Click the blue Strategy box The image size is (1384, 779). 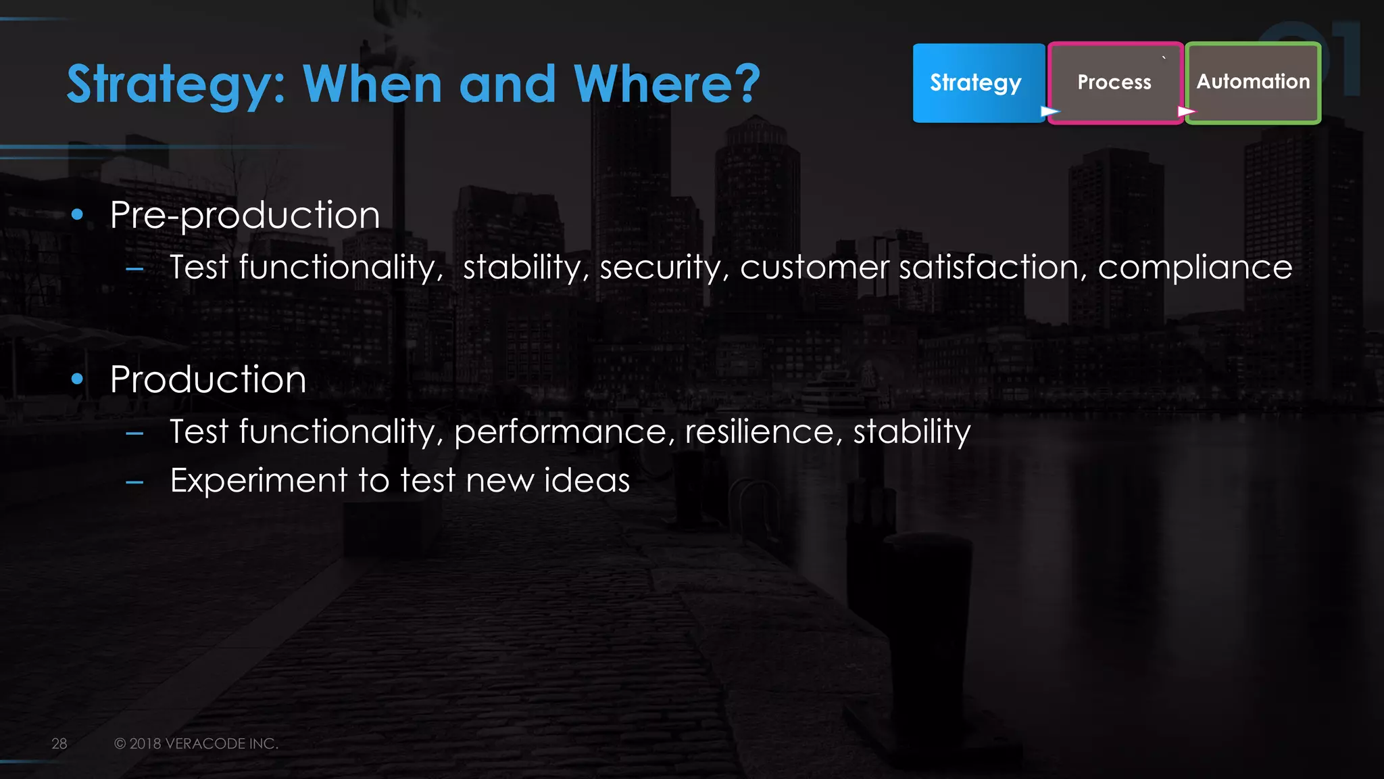pyautogui.click(x=977, y=82)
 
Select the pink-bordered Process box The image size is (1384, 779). pyautogui.click(x=1114, y=82)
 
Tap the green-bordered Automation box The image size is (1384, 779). pyautogui.click(x=1253, y=82)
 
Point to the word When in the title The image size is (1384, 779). pyautogui.click(x=372, y=84)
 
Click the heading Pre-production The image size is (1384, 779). pyautogui.click(x=245, y=215)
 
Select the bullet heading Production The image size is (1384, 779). pyautogui.click(x=208, y=379)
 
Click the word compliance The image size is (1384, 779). pyautogui.click(x=1194, y=268)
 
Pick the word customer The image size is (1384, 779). pyautogui.click(x=814, y=268)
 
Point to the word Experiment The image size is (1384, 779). pyautogui.click(x=259, y=481)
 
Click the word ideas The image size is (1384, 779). pyautogui.click(x=587, y=480)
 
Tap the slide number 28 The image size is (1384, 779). pyautogui.click(x=59, y=743)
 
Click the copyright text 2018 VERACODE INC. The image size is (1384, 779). pyautogui.click(x=203, y=743)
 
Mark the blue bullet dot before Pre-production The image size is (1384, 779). pyautogui.click(x=77, y=215)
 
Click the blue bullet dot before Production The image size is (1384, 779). pyautogui.click(x=77, y=379)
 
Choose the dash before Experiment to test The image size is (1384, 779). pyautogui.click(x=134, y=482)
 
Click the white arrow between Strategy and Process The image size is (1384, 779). pyautogui.click(x=1049, y=111)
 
